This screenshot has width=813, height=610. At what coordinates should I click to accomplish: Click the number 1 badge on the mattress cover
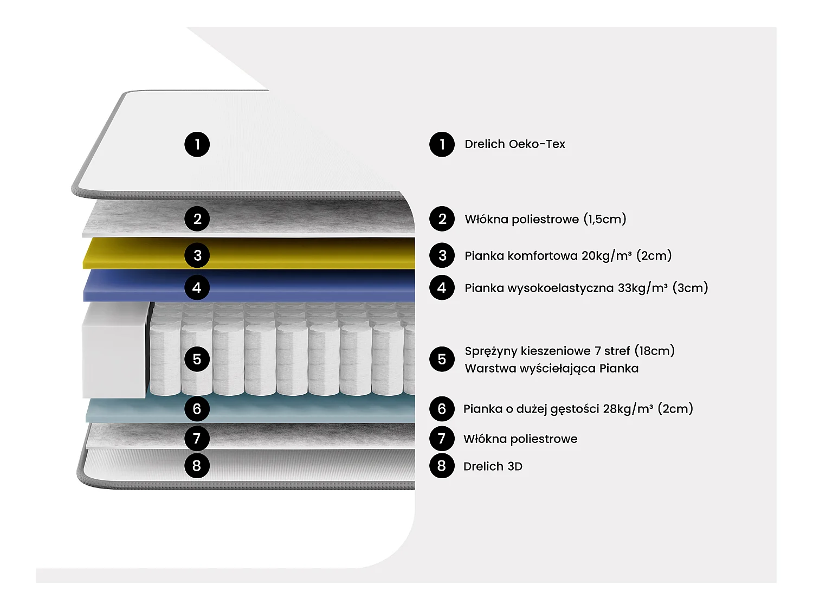197,144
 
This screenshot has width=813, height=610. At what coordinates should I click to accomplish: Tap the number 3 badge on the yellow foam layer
197,255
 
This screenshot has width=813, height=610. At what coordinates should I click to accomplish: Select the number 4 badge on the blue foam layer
197,287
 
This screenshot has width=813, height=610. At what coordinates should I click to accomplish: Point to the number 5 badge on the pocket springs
197,359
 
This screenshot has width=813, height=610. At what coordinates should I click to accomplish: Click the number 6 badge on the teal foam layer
197,409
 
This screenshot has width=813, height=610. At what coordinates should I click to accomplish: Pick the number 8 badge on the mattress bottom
197,466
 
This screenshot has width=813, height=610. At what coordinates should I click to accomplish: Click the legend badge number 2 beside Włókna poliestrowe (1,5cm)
442,219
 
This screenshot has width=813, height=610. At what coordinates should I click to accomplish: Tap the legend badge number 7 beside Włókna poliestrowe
442,439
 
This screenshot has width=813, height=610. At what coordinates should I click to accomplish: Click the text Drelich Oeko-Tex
514,144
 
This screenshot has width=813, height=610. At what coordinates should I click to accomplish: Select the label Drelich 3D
493,466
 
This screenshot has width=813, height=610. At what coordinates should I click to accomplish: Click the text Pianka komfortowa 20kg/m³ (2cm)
567,255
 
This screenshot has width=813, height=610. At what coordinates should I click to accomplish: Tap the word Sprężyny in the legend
491,351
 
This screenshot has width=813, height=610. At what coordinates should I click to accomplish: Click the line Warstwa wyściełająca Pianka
551,369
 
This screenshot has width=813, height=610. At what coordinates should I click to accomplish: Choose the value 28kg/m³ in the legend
628,409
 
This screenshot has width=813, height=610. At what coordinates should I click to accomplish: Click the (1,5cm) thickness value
605,219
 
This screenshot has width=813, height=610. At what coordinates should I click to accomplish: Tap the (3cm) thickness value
690,288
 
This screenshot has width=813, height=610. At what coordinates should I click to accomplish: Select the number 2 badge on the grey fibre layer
197,219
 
